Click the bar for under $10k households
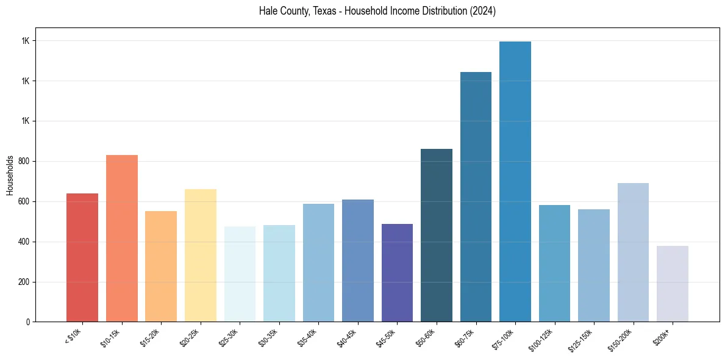[82, 257]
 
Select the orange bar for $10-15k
[121, 238]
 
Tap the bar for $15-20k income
[161, 266]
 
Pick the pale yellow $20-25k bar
[201, 255]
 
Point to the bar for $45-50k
[397, 273]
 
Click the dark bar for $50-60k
[437, 235]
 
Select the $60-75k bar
[476, 196]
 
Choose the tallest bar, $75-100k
[515, 181]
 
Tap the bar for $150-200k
[633, 252]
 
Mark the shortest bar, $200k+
[673, 284]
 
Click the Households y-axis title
[10, 175]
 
